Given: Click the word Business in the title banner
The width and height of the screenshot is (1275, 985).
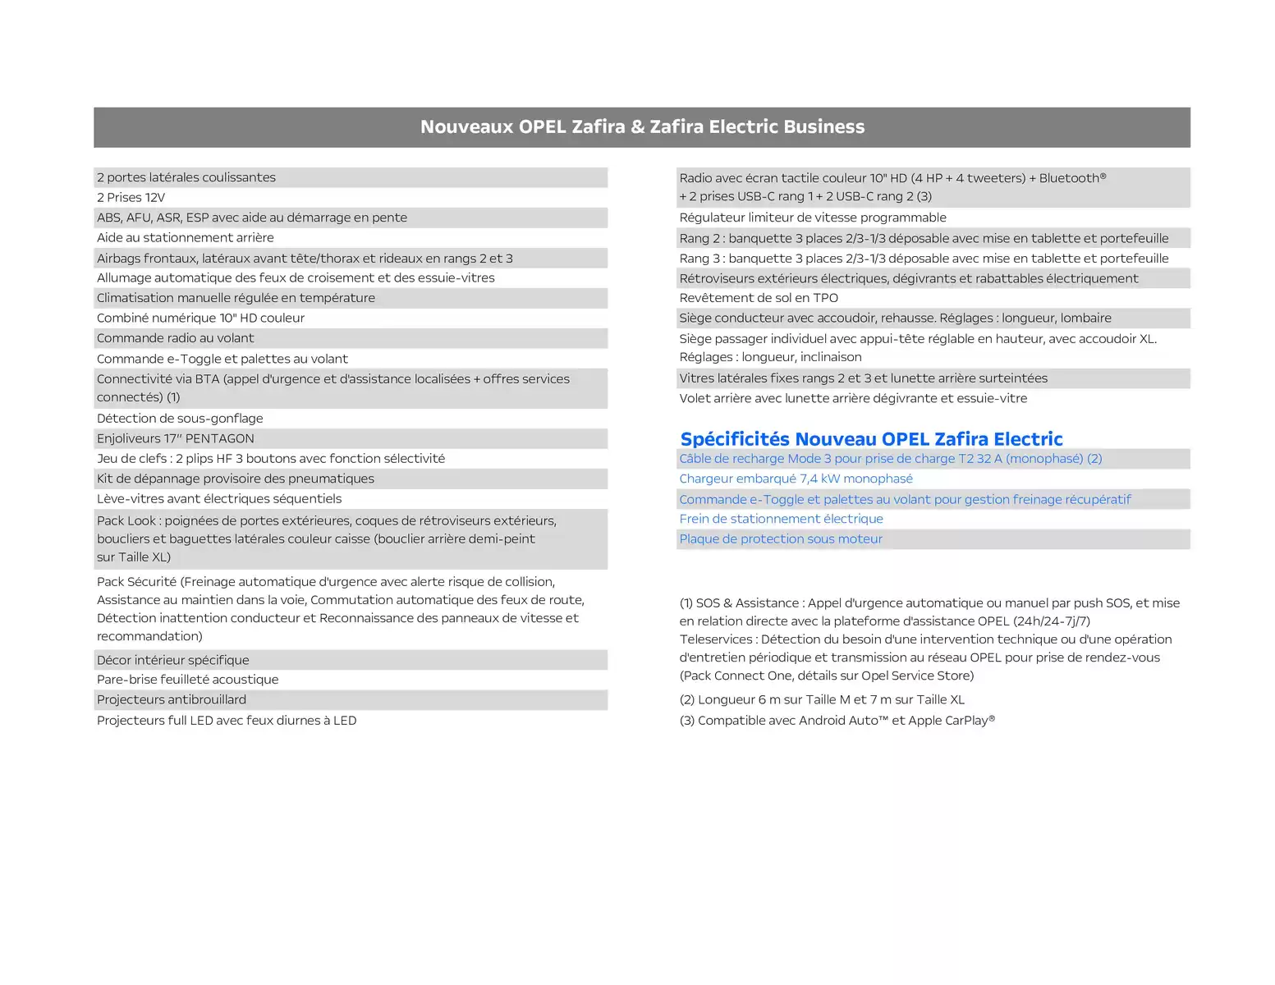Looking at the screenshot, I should [823, 127].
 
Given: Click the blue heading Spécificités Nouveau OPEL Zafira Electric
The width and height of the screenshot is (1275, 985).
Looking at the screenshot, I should [871, 439].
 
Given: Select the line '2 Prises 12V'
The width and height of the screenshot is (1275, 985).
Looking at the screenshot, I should [131, 198].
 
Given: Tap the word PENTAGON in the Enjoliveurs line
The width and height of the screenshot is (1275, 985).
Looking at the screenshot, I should [220, 439].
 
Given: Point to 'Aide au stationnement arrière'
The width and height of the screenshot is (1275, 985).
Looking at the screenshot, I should [186, 238].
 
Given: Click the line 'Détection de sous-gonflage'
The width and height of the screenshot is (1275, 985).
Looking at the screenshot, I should [180, 419].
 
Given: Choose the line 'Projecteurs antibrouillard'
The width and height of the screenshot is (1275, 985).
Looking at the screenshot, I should [172, 700].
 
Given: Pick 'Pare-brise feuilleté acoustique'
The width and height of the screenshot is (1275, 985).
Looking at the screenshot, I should [187, 680].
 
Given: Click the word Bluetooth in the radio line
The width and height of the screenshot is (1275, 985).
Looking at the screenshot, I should [1071, 178].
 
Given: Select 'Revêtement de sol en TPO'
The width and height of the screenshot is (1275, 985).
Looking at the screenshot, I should [759, 298].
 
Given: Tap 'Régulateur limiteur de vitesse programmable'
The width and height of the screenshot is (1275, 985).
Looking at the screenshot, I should [813, 218].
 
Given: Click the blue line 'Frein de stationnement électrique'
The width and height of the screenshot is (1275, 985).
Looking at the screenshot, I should [781, 519].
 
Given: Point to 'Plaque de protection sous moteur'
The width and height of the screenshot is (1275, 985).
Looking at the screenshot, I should [781, 539].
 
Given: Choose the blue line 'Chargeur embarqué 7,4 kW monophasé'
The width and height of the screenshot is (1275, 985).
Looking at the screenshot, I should [796, 479].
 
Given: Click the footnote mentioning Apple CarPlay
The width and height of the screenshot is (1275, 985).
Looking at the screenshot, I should [837, 721].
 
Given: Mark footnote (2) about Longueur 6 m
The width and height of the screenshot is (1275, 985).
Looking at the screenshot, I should [822, 700].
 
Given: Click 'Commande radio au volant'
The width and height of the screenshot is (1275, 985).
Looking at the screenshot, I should [176, 338].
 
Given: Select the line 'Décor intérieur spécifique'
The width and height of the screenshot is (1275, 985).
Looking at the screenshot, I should [173, 660].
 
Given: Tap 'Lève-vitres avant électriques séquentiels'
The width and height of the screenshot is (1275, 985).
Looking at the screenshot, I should [219, 499].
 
